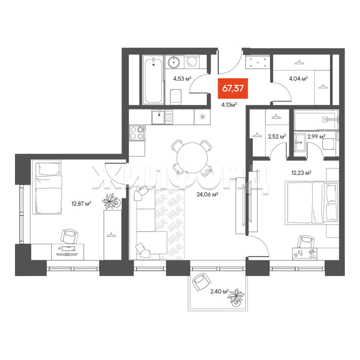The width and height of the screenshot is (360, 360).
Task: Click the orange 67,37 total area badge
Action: (x=233, y=88)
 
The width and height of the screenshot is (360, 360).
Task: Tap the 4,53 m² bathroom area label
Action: (x=182, y=79)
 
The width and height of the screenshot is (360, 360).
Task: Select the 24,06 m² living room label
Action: (x=207, y=194)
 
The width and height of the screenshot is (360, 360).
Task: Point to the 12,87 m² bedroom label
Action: (x=81, y=203)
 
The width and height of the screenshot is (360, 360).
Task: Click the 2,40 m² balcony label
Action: (x=219, y=292)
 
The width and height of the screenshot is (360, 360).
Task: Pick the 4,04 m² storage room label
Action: (x=298, y=79)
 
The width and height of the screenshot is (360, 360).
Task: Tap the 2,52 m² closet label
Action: (x=277, y=137)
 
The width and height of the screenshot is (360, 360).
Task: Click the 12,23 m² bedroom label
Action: (x=301, y=173)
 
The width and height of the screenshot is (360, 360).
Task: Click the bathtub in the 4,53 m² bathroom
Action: (x=153, y=80)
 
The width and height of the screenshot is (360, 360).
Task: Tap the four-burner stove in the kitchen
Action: (x=137, y=133)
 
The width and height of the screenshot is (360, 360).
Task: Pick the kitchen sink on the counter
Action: (x=158, y=117)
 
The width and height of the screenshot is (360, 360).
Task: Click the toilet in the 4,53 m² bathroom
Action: (x=176, y=97)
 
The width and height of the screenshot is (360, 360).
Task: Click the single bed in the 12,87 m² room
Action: (x=48, y=188)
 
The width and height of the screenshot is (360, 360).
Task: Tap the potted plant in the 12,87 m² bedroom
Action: (x=111, y=201)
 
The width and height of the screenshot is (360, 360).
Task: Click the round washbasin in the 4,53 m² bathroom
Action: (x=174, y=62)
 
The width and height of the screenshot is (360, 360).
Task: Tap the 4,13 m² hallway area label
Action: (x=229, y=105)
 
